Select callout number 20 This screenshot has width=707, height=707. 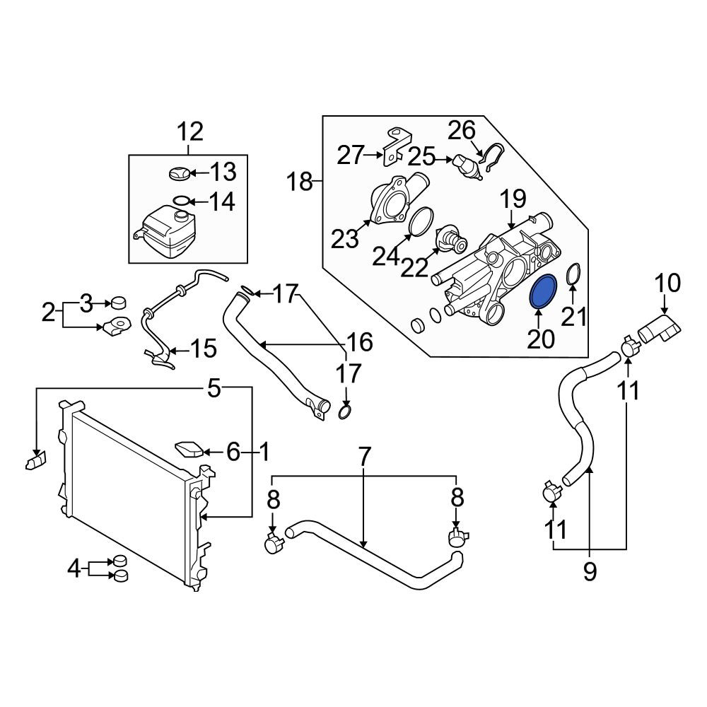(x=541, y=339)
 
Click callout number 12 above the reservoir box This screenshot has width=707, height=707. (x=189, y=132)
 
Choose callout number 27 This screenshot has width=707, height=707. (x=351, y=156)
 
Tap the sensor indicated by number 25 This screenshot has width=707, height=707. (x=468, y=167)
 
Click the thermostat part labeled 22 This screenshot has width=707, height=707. (x=453, y=240)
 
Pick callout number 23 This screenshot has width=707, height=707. (x=344, y=240)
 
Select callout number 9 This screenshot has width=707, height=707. (x=590, y=572)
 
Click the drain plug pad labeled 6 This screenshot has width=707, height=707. (x=189, y=450)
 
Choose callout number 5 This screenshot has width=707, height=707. (x=214, y=388)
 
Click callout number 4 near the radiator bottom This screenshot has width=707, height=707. (x=74, y=568)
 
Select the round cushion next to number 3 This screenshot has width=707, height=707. (x=119, y=303)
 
